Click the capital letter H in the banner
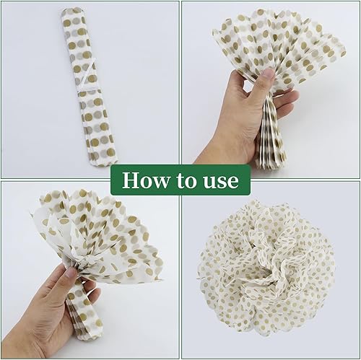[x=131, y=180]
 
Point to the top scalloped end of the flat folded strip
[x=73, y=12]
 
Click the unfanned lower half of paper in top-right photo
[x=271, y=135]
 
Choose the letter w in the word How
[x=160, y=183]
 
